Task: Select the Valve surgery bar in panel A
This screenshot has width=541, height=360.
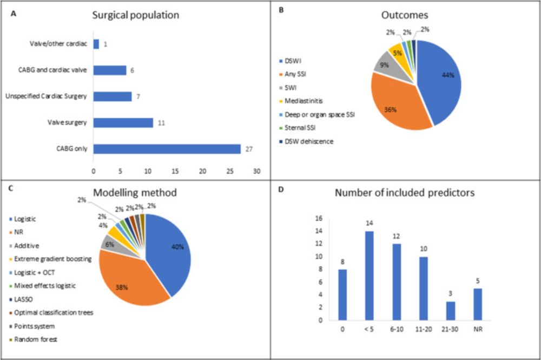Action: (123, 122)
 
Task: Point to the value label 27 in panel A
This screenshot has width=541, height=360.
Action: (247, 149)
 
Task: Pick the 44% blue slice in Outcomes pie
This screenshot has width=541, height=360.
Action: (438, 81)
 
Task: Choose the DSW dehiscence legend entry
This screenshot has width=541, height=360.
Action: (309, 142)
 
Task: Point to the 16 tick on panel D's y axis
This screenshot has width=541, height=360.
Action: (318, 218)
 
